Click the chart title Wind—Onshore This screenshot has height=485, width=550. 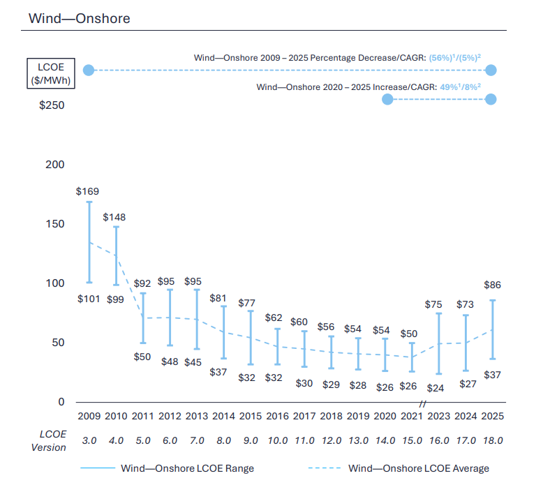[x=79, y=18]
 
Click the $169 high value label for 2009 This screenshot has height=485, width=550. [x=88, y=191]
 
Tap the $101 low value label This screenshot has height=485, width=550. [x=88, y=299]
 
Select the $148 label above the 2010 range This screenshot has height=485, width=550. [x=114, y=217]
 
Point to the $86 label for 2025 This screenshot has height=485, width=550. [x=492, y=285]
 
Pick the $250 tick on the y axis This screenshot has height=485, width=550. [x=52, y=105]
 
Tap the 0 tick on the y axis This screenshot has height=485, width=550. [x=61, y=402]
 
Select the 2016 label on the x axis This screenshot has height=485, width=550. [x=278, y=417]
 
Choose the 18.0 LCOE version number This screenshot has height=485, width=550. [x=492, y=440]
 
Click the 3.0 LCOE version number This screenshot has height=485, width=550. [x=89, y=440]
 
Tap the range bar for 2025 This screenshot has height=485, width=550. [x=492, y=329]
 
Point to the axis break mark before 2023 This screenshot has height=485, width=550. [x=423, y=404]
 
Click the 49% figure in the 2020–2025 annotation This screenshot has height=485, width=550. [x=447, y=87]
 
